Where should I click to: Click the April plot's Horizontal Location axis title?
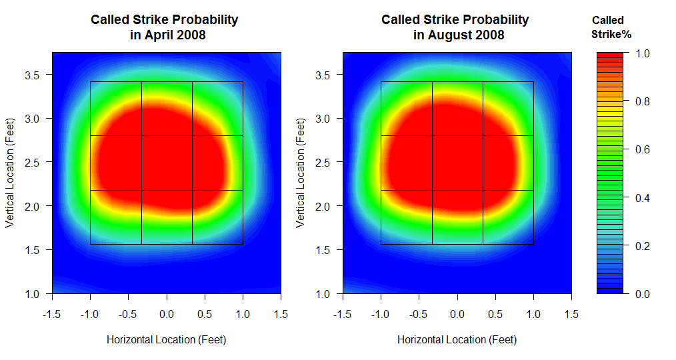tap(167, 339)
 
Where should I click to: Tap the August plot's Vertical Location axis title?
tap(301, 173)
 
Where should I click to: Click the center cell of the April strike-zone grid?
tap(167, 163)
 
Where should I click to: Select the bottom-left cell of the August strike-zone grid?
tap(406, 217)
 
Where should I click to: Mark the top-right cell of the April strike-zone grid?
tap(217, 109)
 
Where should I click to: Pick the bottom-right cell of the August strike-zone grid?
tap(508, 217)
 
